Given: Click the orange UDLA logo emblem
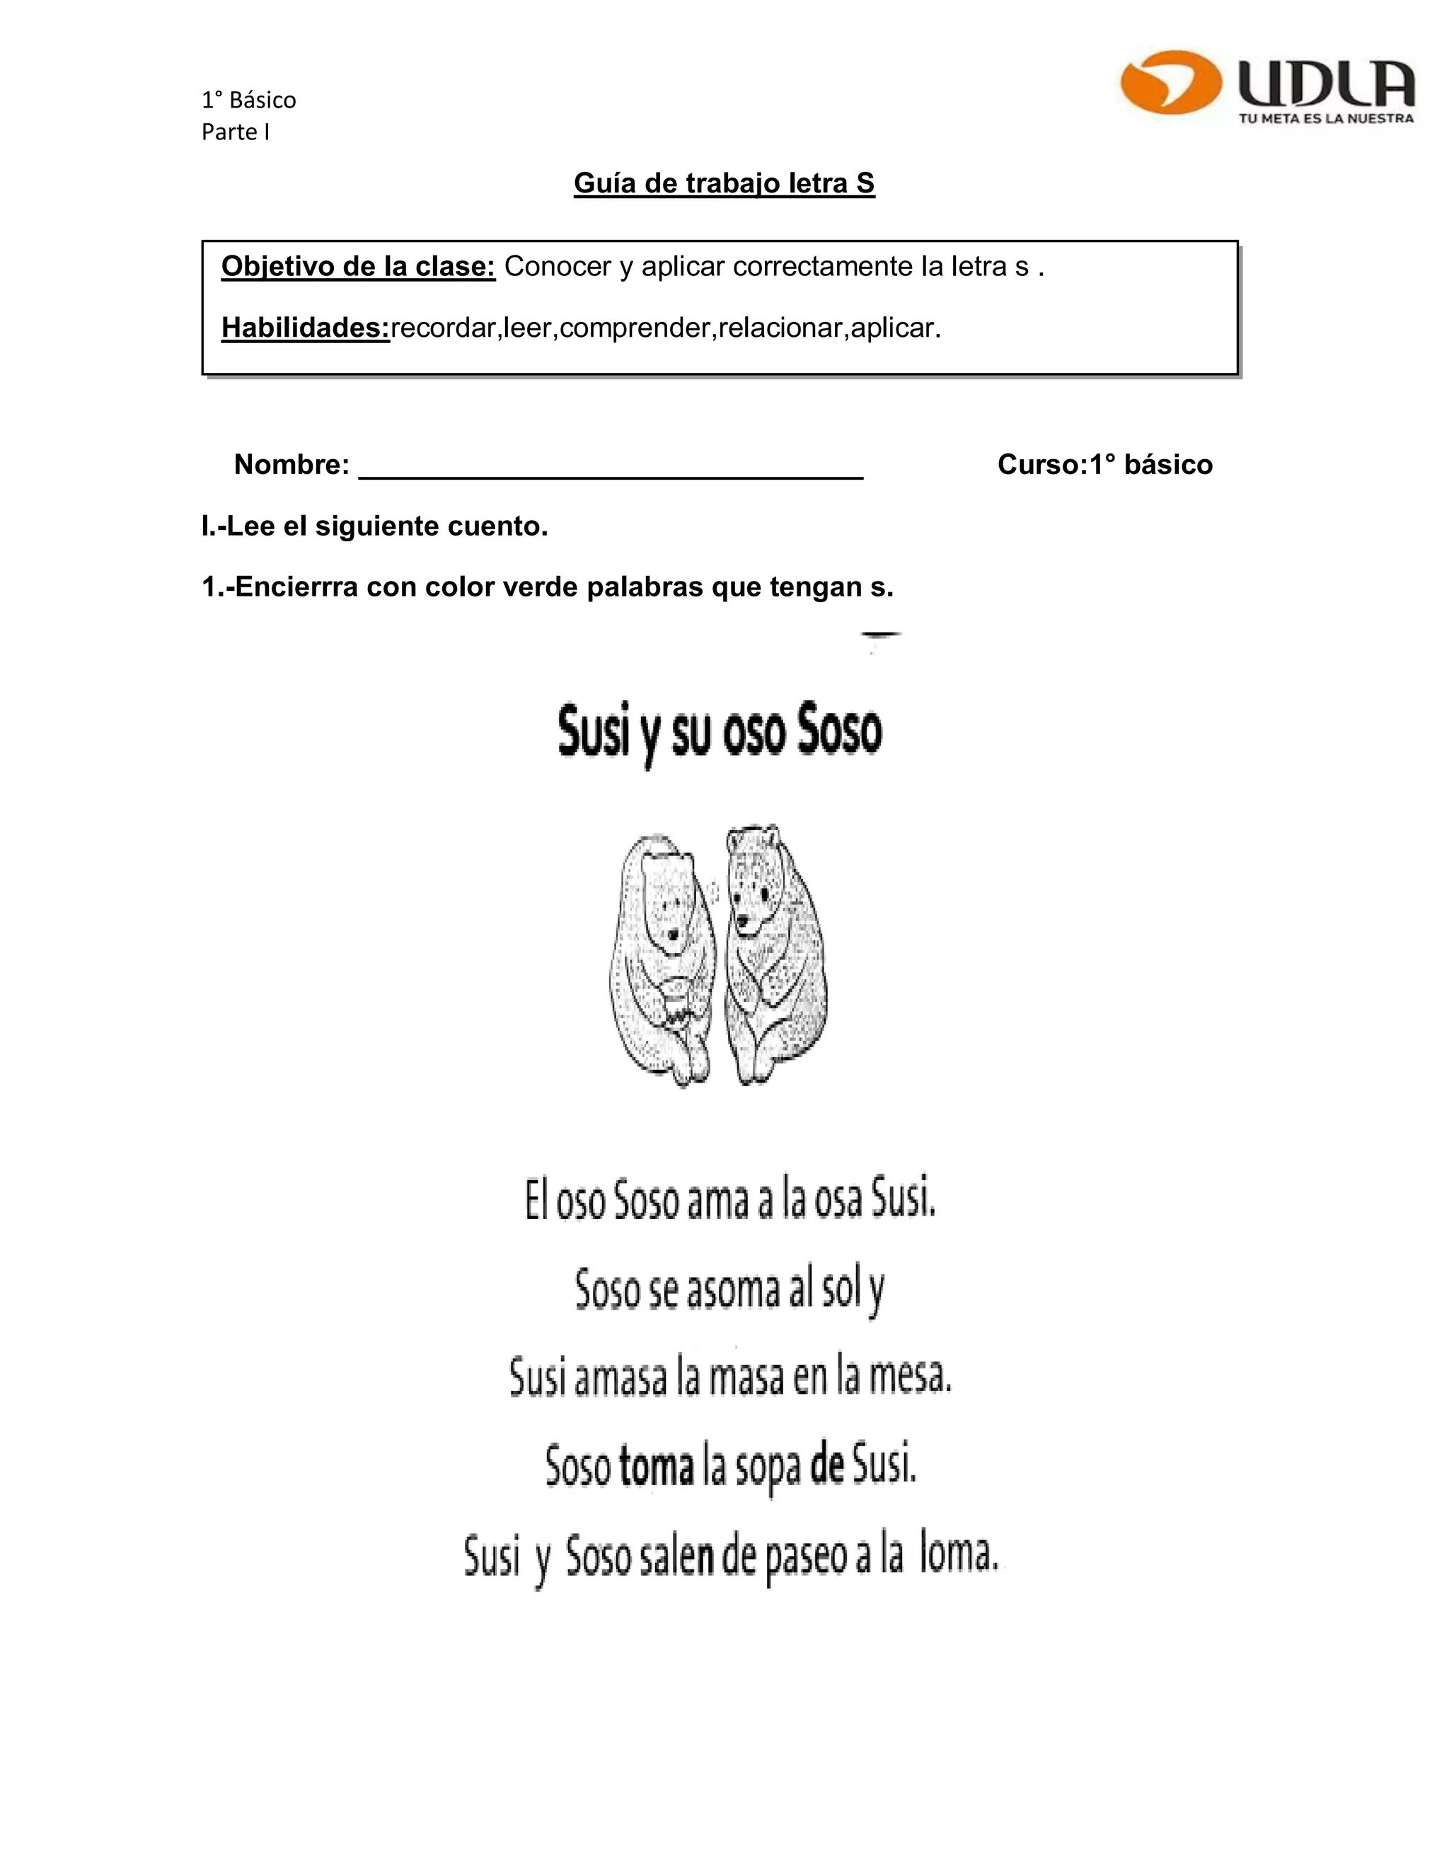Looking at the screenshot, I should (1171, 82).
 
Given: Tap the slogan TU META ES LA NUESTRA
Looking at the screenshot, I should (1325, 118).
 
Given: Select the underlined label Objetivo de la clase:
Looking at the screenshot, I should (358, 267).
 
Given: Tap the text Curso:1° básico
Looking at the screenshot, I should (1104, 464).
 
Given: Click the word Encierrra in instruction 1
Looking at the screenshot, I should (296, 587).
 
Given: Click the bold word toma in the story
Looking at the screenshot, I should (656, 1465).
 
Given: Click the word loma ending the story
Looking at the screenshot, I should (958, 1553).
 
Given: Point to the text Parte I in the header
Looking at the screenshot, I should (235, 132).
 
